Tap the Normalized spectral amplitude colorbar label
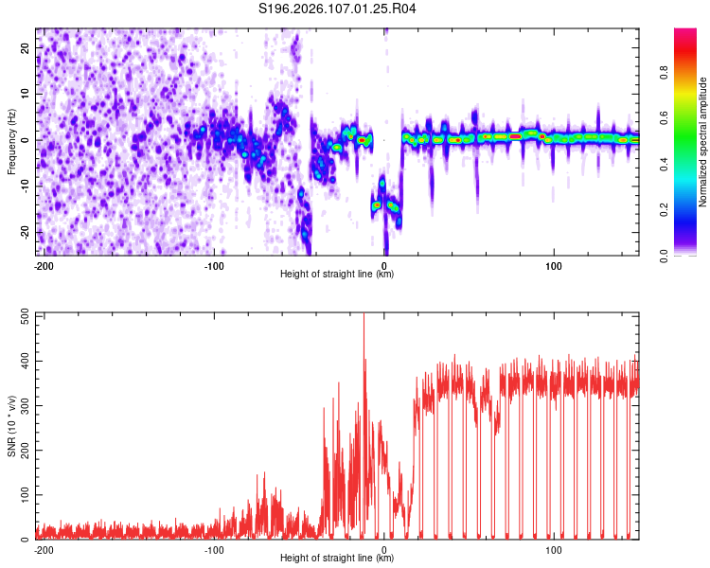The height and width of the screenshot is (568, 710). tap(702, 142)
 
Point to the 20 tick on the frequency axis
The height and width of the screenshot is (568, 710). tap(25, 47)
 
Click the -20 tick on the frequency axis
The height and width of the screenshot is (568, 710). tap(23, 232)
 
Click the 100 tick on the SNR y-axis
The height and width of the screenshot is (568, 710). tap(23, 494)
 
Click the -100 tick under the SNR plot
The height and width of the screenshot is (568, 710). tap(214, 549)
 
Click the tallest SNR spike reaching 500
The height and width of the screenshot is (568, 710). tap(364, 317)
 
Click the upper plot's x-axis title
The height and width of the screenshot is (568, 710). tap(337, 275)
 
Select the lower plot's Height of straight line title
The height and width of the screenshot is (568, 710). tap(337, 558)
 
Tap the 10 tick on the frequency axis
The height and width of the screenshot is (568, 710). tap(25, 94)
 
